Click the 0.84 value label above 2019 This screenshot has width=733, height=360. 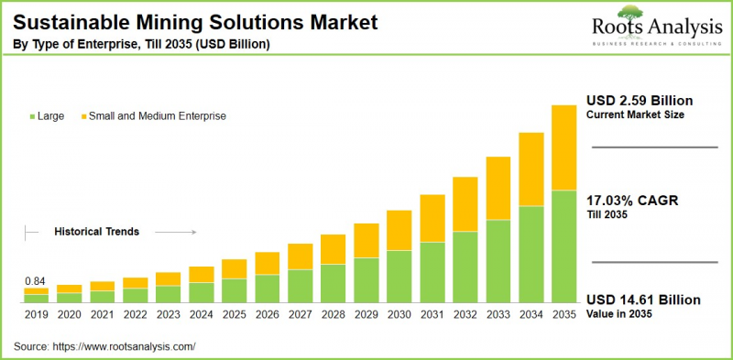pos(36,280)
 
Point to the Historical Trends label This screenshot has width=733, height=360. pos(96,232)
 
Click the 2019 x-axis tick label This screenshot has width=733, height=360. pos(36,314)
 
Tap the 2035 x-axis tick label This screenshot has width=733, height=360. pos(563,314)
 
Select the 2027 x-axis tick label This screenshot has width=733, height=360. pos(300,314)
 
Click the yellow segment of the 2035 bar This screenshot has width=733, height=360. pos(563,147)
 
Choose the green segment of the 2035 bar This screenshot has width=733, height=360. pos(563,246)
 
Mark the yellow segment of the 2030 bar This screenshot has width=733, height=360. pos(399,230)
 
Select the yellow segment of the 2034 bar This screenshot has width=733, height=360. pos(531,169)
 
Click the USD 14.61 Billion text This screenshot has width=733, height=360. pos(643,300)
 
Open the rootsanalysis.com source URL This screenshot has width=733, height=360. pos(126,346)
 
